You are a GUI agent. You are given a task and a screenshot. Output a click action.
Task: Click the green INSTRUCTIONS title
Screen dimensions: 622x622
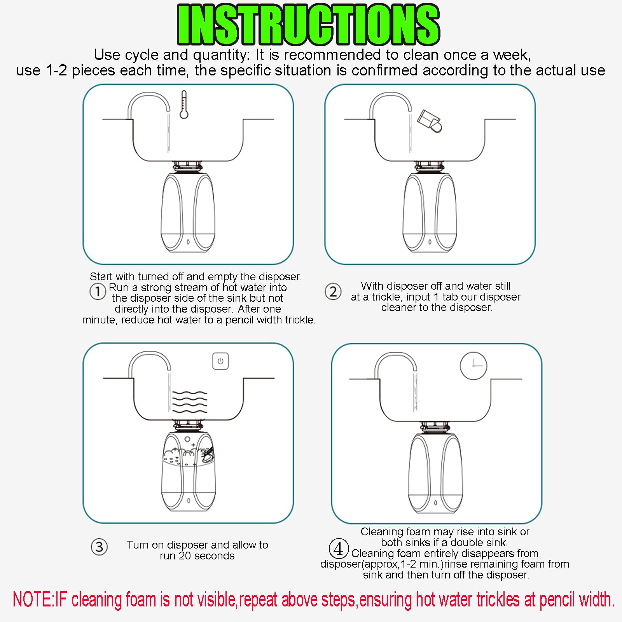pos(308,24)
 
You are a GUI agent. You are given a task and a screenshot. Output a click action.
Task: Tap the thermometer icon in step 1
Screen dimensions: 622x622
pos(184,105)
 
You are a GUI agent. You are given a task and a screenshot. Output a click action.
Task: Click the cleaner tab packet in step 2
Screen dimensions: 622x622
pos(430,121)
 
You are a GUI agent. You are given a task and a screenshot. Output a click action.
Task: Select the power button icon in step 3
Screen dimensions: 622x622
pos(220,361)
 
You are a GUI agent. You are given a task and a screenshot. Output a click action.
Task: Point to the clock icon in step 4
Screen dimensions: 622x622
pos(473,365)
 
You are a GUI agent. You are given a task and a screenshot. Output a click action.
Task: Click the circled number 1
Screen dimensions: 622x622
pos(98,291)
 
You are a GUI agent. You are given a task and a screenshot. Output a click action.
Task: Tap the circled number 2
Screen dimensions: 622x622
pos(333,292)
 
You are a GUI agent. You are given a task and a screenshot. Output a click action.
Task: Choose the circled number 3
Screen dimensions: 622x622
pos(99,547)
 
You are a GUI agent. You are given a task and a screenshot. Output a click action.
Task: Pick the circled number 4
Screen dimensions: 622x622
pos(339,549)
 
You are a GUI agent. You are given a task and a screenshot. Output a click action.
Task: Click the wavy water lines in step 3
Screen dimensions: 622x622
pos(190,402)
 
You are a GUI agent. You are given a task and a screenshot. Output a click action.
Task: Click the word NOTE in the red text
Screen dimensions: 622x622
pos(32,599)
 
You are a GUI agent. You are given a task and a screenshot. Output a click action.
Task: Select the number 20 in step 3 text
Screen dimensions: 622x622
pos(185,556)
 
